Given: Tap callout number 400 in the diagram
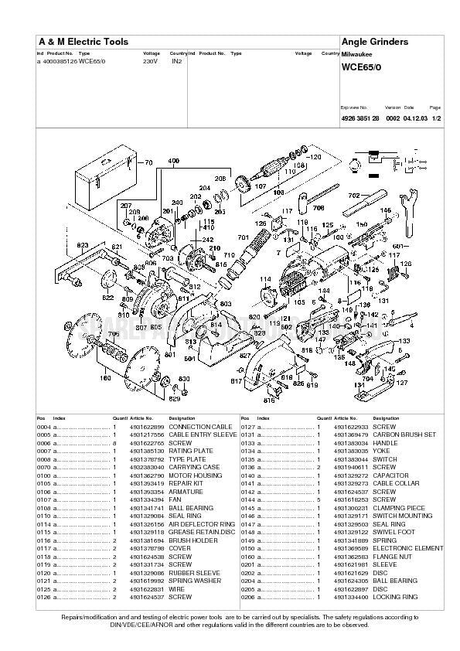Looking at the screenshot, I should (x=174, y=161).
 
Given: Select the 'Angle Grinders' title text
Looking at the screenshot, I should (x=373, y=41).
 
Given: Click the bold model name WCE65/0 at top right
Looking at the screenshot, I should (x=360, y=67).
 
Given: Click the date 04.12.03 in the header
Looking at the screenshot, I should (x=414, y=118).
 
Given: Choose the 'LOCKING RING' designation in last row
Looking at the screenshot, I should (x=394, y=597).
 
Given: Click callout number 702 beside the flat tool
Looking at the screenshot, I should (x=354, y=196).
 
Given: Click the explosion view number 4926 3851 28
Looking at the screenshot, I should (x=359, y=118).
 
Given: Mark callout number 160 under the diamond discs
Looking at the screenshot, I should (x=105, y=378).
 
